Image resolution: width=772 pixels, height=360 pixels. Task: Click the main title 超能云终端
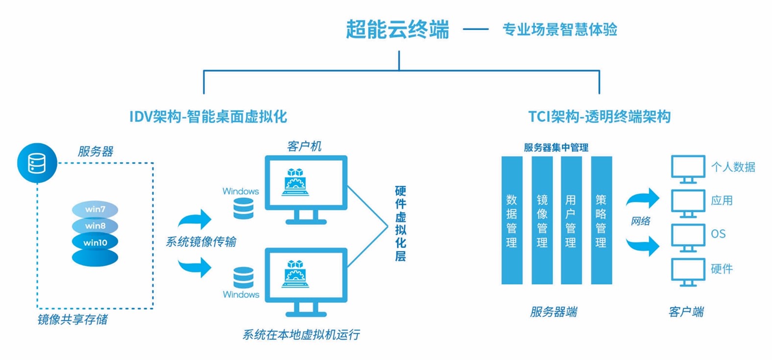point(397,29)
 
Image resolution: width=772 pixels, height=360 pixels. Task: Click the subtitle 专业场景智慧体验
point(559,29)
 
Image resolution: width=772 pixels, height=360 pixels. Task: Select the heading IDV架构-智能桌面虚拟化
point(208,117)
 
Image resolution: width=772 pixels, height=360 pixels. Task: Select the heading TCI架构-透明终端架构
point(599,117)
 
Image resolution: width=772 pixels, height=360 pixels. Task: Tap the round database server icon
point(37,163)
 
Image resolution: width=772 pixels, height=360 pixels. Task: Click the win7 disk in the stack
point(95,209)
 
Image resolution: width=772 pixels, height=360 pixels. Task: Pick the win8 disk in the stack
point(95,226)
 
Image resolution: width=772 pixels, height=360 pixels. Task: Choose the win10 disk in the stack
point(95,242)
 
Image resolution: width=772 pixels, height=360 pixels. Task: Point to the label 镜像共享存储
point(72,320)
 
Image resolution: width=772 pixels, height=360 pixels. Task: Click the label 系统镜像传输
point(201,241)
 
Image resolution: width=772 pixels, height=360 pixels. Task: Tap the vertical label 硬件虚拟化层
point(400,223)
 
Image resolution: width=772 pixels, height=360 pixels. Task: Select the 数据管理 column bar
point(512,220)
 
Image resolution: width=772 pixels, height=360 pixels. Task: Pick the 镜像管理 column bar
point(542,220)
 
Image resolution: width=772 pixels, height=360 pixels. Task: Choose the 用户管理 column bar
point(571,220)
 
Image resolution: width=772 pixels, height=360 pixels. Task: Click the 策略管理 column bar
point(602,220)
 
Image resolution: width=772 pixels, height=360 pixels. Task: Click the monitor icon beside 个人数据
point(688,168)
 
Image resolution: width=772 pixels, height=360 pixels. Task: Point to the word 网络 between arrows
point(640,221)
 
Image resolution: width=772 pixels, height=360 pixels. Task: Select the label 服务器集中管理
point(556,147)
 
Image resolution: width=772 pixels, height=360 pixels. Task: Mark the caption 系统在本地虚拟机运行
point(301,335)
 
